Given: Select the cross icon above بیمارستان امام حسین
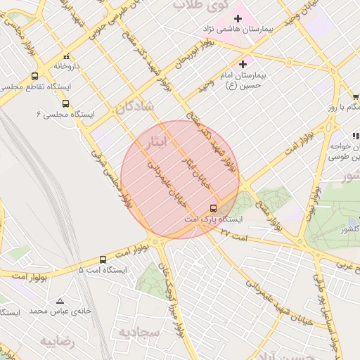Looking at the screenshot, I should click(243, 64).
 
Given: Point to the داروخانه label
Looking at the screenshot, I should click(67, 66).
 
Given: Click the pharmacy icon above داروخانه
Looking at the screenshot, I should click(66, 56).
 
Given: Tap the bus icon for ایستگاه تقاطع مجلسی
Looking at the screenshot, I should click(34, 77).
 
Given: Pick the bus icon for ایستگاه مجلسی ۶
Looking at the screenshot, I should click(65, 103).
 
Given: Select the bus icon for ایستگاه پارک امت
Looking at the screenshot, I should click(213, 208).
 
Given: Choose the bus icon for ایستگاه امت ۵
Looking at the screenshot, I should click(103, 259).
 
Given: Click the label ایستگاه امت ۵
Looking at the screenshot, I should click(103, 270).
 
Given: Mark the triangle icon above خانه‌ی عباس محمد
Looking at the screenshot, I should click(59, 300).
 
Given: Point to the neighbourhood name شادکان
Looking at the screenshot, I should click(129, 108).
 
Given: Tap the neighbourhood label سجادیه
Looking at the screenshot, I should click(136, 331).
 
